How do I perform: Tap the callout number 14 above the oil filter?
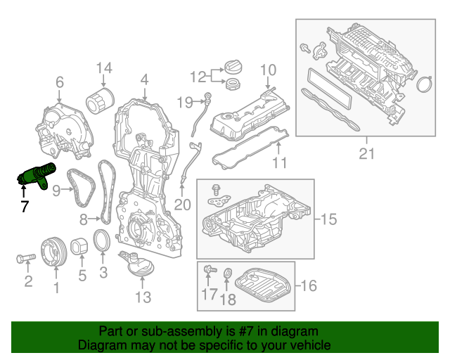click(x=104, y=68)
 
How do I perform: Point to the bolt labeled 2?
click(x=26, y=258)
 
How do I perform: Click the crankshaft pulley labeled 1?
click(x=54, y=252)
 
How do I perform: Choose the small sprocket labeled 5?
click(x=79, y=247)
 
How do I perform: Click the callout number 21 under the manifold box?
click(x=367, y=154)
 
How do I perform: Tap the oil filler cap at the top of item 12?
click(x=233, y=67)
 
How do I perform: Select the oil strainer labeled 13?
click(x=137, y=264)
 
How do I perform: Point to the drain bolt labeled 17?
click(x=210, y=270)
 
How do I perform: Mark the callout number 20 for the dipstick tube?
click(x=182, y=205)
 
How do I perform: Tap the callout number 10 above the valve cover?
click(x=269, y=70)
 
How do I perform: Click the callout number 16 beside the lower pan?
click(x=309, y=285)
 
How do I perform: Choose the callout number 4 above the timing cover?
click(x=144, y=79)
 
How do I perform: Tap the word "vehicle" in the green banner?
click(x=312, y=345)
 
